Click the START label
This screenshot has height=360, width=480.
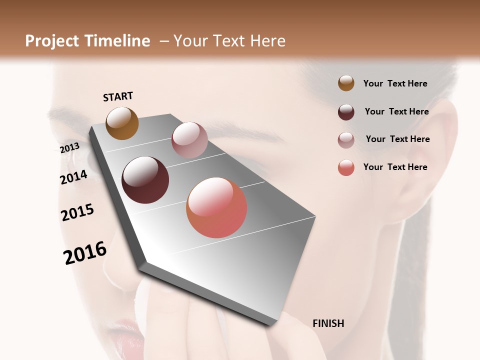coord(118,96)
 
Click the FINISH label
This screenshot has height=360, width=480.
coord(328,323)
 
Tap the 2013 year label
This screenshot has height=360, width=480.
coord(69,148)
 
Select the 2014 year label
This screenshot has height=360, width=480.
coord(73,177)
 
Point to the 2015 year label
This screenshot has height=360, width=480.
coord(77,212)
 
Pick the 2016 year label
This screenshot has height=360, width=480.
coord(85,253)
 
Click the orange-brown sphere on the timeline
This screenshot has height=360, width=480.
coord(122,123)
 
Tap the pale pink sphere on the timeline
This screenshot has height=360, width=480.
coord(189,140)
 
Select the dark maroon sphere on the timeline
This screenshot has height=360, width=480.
coord(145,180)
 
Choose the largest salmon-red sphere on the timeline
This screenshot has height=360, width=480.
coord(216,207)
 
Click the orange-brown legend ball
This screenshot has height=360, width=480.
coord(346,83)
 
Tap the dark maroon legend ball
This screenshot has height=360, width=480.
coord(346,112)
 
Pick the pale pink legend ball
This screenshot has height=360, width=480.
coord(346,140)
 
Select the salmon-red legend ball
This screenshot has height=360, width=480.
coord(346,167)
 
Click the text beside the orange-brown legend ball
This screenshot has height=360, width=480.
coord(395,83)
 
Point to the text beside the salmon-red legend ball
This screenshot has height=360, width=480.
coord(395,167)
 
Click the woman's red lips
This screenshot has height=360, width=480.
coord(127,340)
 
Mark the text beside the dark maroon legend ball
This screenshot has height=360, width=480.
coord(396,111)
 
